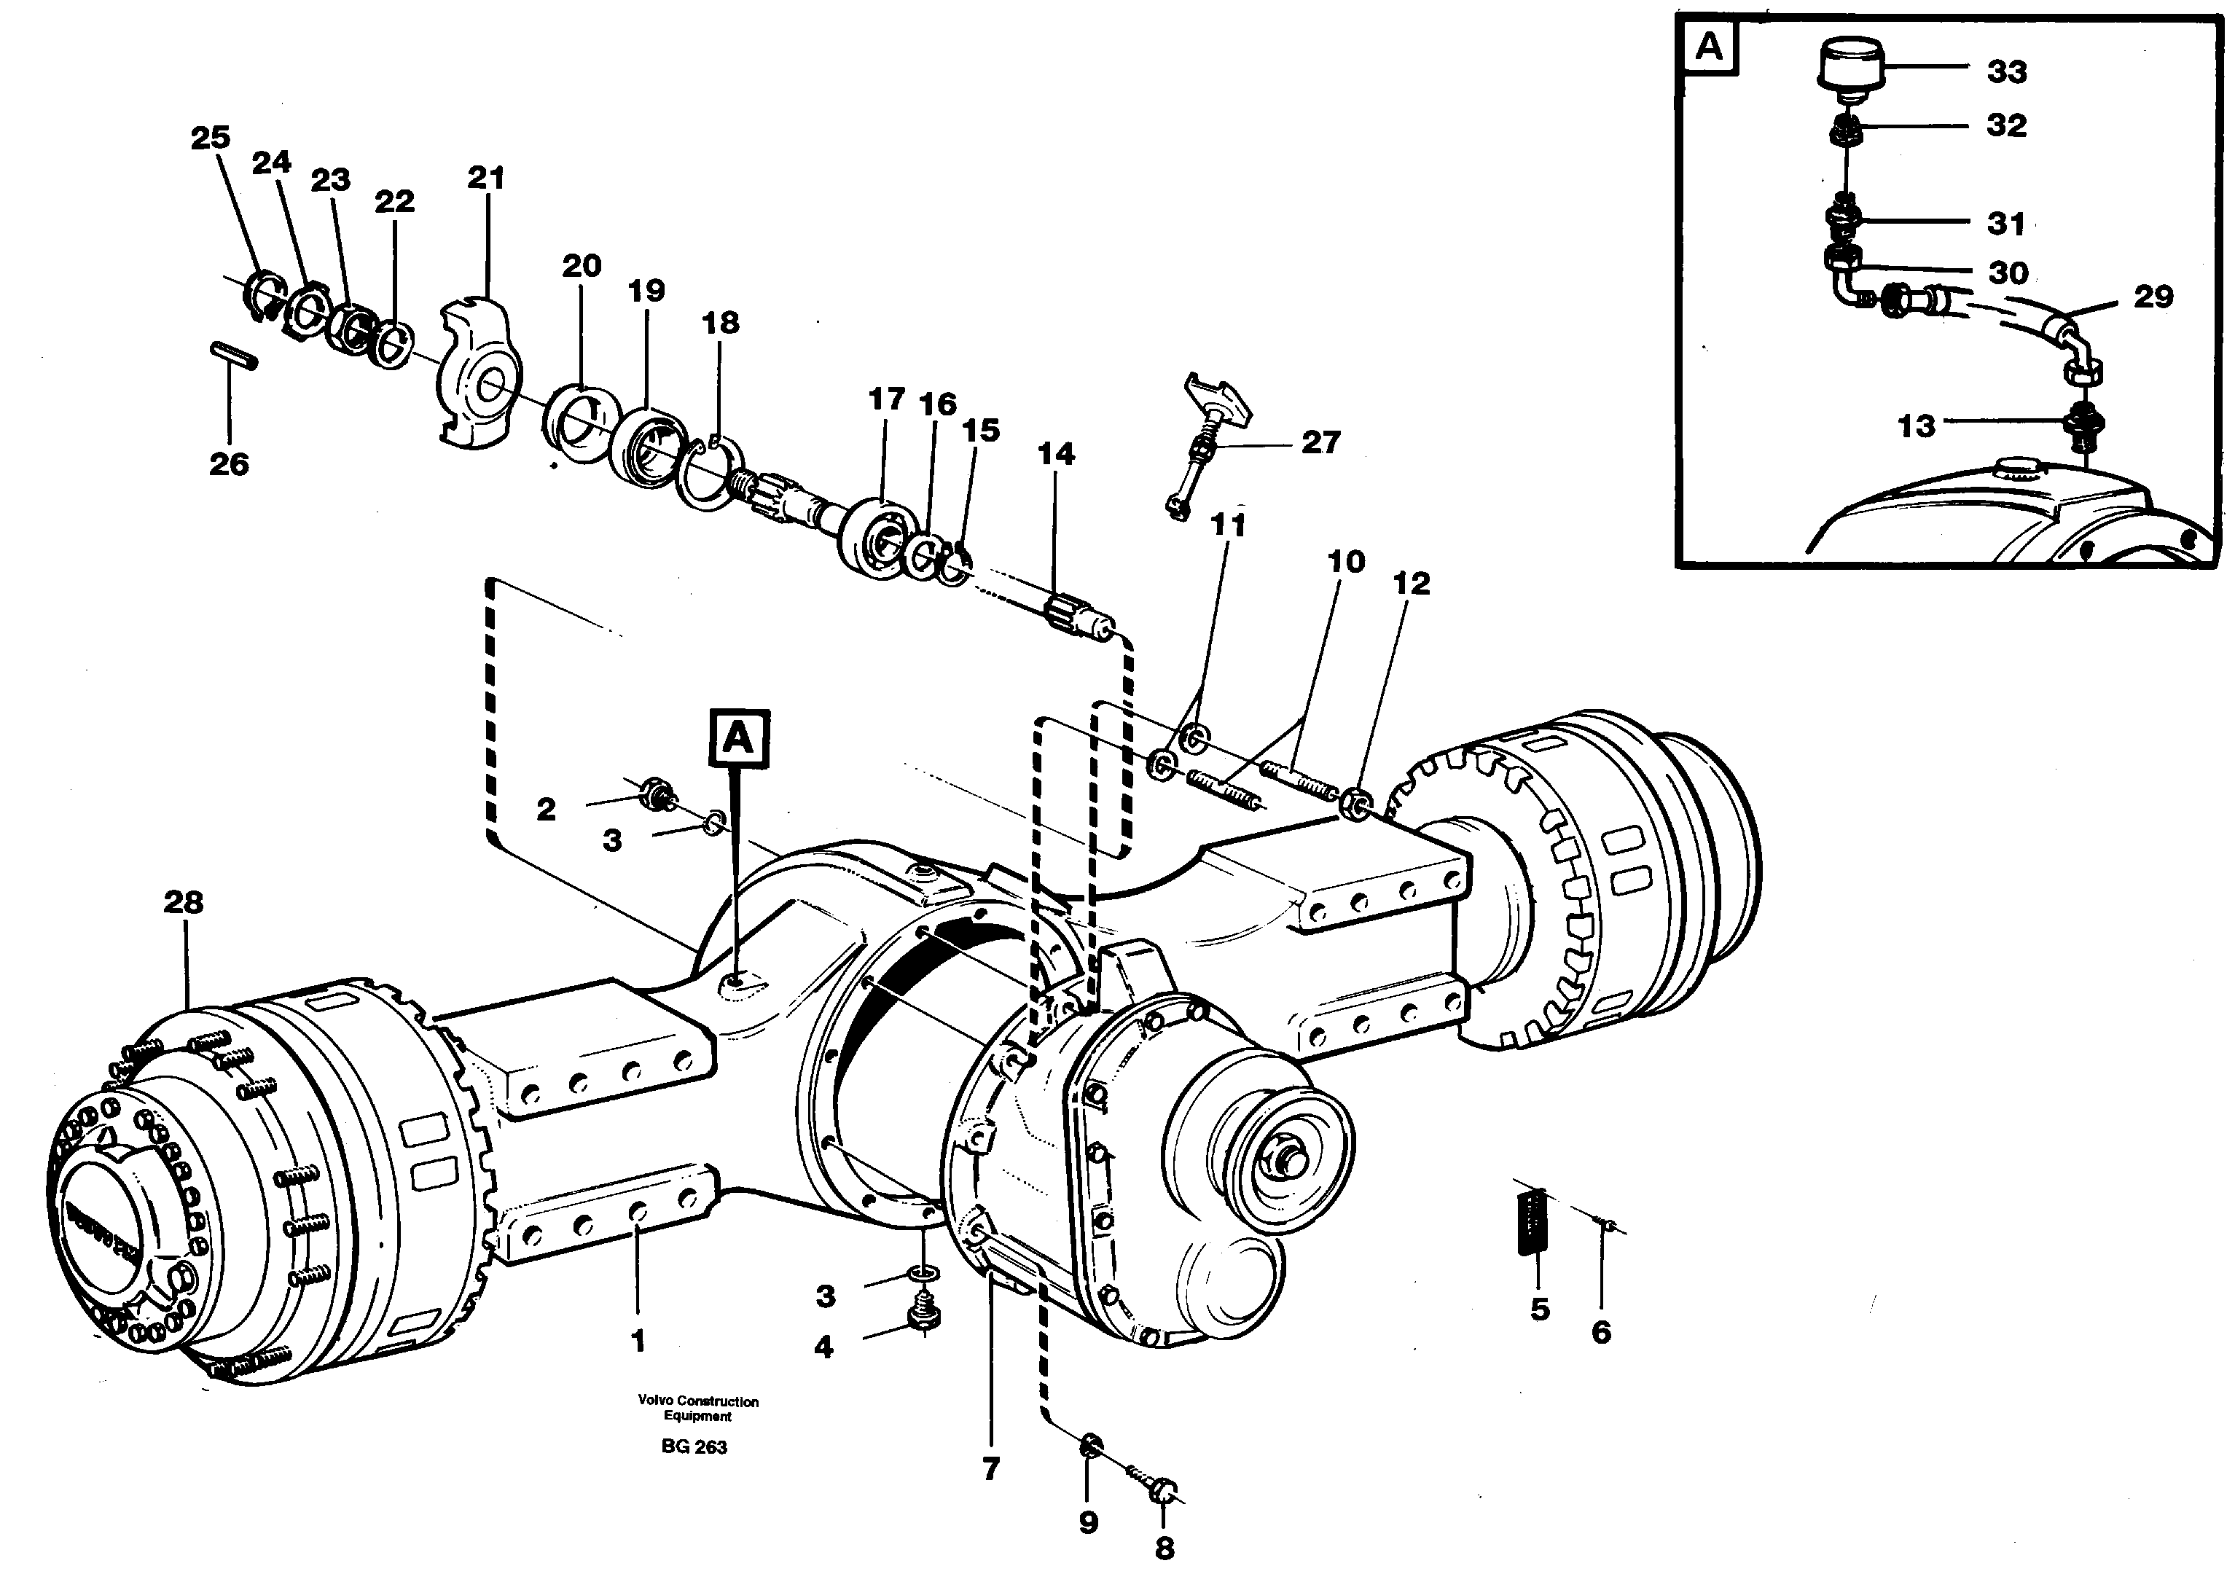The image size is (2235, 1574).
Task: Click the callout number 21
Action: pos(486,178)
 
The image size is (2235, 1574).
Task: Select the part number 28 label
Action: pos(183,902)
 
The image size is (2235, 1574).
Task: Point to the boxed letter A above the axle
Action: pos(739,739)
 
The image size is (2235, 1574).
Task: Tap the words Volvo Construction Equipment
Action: pos(698,1408)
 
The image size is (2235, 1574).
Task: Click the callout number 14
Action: pos(1055,453)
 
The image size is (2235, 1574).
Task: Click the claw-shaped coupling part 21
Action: pos(477,375)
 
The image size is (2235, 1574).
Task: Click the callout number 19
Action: pos(646,290)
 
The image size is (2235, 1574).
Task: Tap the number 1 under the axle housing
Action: pos(638,1342)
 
